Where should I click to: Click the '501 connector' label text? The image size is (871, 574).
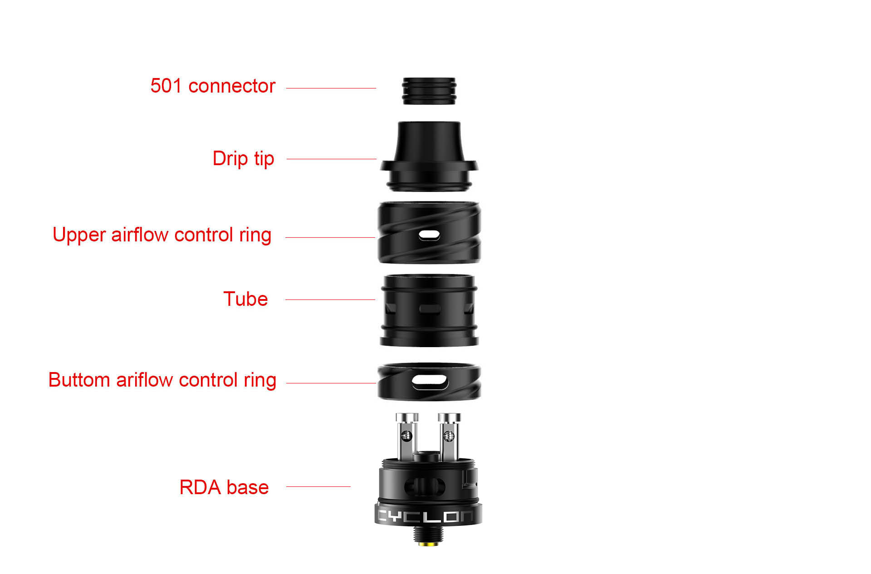point(213,86)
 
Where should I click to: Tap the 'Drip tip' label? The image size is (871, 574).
point(243,159)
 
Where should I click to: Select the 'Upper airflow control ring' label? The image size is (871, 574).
point(162,235)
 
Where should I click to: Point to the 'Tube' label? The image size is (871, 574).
point(245,299)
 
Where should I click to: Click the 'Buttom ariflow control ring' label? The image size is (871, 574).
point(162,380)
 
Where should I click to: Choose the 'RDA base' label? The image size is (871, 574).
point(224,487)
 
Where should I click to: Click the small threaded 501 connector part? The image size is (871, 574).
point(429,91)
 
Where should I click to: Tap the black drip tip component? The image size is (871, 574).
point(429,156)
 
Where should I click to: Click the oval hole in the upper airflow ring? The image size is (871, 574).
point(429,235)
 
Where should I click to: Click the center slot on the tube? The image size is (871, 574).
point(430,309)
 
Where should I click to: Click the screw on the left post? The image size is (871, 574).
point(407,436)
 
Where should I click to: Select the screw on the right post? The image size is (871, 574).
point(449,436)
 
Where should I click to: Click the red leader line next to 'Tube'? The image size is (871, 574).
point(330,299)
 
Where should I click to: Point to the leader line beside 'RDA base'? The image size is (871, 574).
point(318,486)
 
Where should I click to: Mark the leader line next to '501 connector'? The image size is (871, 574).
point(331,88)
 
